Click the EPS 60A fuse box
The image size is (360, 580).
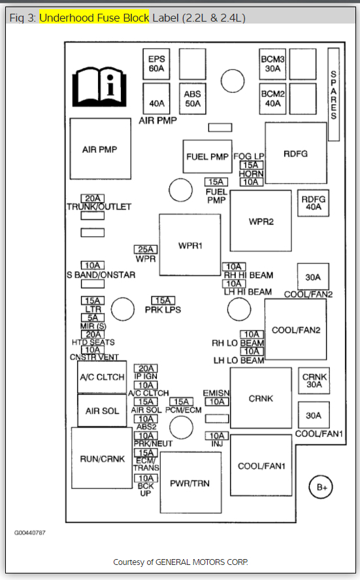pos(156,64)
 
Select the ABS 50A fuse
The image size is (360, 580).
pos(193,99)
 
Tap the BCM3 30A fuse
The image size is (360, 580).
pos(272,64)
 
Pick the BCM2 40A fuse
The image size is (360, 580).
pos(272,99)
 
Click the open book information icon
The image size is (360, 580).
pos(99,86)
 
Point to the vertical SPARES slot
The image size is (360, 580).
pos(334,94)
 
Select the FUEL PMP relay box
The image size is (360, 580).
pos(207,156)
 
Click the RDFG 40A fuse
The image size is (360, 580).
pos(314,203)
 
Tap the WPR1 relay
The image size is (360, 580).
pos(190,245)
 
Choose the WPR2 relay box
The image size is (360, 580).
pos(261,221)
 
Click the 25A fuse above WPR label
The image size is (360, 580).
pos(146,249)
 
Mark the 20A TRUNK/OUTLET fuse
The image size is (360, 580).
pos(93,198)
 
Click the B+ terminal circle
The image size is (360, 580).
pos(321,486)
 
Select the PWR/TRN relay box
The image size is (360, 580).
pos(191,483)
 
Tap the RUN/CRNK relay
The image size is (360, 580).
pos(102,458)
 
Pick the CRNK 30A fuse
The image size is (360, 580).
pos(314,381)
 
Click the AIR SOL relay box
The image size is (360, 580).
pos(102,410)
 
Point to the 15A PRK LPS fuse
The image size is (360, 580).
pos(163,300)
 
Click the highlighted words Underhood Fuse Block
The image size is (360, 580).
pos(94,18)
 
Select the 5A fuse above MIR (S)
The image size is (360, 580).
pos(93,317)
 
